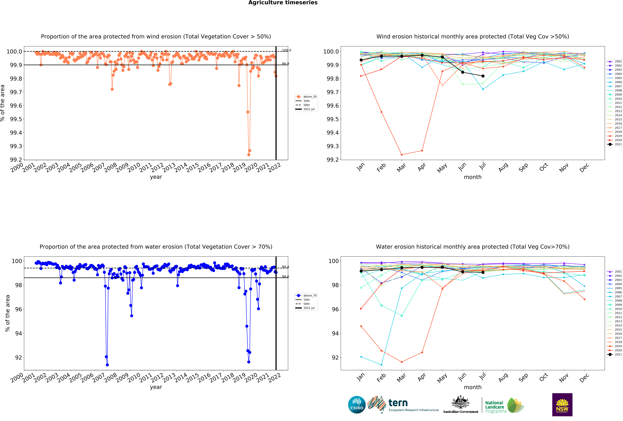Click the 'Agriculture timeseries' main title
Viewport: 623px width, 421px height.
pos(283,3)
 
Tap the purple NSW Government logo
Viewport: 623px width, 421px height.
pos(562,405)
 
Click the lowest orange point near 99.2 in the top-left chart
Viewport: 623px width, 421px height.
pos(249,155)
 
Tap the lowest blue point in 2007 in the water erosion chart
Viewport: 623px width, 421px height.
pos(107,365)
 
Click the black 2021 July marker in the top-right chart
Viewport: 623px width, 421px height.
pos(483,76)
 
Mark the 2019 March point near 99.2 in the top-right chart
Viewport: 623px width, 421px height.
pos(402,155)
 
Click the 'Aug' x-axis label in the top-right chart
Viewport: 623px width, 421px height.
pos(503,167)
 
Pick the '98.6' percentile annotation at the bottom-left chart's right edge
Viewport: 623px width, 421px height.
pos(285,277)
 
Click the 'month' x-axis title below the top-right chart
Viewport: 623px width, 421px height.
pos(473,177)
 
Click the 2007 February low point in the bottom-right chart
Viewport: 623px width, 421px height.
pos(381,365)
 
